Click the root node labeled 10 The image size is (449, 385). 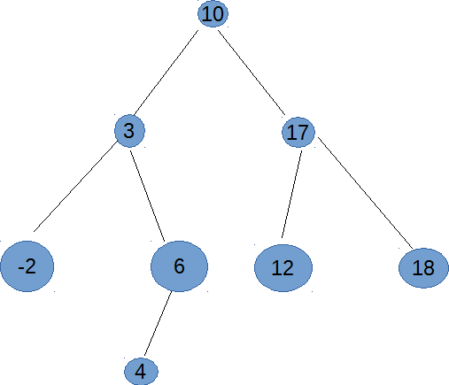[x=213, y=14]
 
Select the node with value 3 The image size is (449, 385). [x=129, y=131]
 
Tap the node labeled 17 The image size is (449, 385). [x=298, y=132]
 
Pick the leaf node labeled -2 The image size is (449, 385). [x=27, y=266]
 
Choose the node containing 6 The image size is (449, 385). [x=179, y=266]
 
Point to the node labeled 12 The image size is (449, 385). [x=283, y=268]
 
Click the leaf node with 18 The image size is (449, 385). [x=423, y=268]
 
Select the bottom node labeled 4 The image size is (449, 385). [x=141, y=372]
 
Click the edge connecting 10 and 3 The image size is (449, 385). [x=166, y=73]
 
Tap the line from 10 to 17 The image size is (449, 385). [x=252, y=73]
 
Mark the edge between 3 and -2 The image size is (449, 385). [x=75, y=187]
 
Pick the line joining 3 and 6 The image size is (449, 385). [x=147, y=196]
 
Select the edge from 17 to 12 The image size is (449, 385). [x=291, y=194]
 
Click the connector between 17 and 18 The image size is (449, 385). [x=365, y=193]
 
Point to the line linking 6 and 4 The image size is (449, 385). [x=158, y=324]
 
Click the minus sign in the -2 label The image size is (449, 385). [x=20, y=268]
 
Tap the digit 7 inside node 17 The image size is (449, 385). [x=303, y=133]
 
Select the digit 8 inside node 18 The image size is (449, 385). [x=429, y=268]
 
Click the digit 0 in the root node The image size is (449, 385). [x=218, y=14]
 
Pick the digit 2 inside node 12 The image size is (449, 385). [x=288, y=268]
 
